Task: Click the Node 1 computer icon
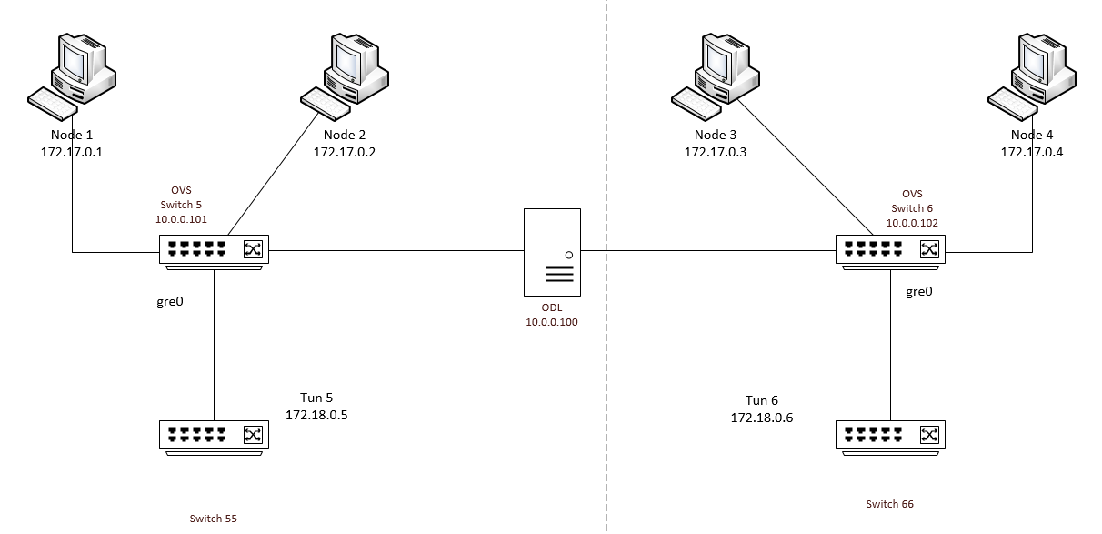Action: coord(71,76)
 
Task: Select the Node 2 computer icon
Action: coord(346,76)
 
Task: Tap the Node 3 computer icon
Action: coord(716,76)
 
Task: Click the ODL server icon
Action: coord(552,252)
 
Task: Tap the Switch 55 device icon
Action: coord(215,436)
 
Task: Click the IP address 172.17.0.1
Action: coord(72,152)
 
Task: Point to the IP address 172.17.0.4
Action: coord(1031,152)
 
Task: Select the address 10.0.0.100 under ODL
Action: coord(552,322)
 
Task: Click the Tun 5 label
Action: coord(317,398)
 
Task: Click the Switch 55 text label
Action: coord(214,519)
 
